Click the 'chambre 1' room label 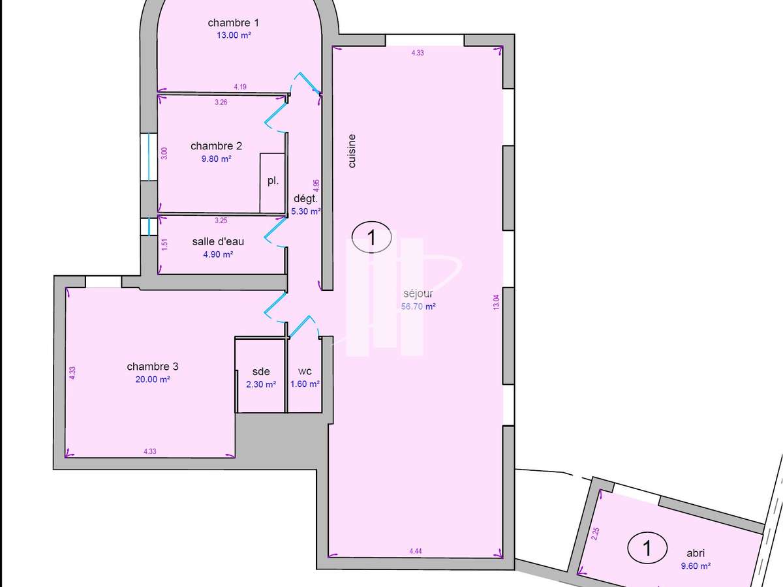(234, 23)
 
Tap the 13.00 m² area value (234, 36)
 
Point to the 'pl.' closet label (273, 181)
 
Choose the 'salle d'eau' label (218, 241)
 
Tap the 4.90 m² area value (218, 254)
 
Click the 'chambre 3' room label (153, 367)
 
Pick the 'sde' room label (261, 372)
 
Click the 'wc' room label (304, 372)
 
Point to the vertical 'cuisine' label (352, 151)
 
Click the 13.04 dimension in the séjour (496, 302)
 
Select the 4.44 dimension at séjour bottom (416, 551)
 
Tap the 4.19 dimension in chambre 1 (240, 87)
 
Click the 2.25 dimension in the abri (594, 534)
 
